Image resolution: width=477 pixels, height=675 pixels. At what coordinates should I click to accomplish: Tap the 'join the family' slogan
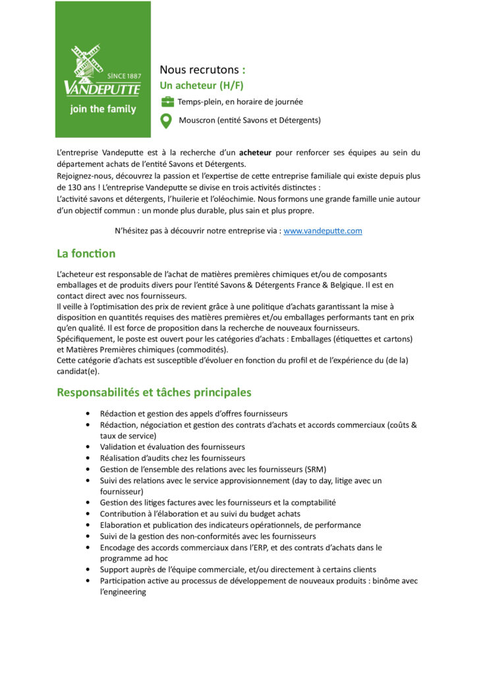(x=103, y=109)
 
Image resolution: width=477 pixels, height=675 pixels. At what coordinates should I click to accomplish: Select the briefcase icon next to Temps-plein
(x=167, y=102)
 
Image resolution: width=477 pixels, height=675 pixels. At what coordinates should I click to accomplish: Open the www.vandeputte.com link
(x=323, y=231)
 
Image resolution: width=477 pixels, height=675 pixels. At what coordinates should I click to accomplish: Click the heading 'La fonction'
(x=86, y=254)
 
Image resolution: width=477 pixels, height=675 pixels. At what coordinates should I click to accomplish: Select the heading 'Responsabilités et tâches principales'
(x=154, y=392)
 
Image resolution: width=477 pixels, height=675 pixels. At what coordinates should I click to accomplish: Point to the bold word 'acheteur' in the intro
(x=255, y=153)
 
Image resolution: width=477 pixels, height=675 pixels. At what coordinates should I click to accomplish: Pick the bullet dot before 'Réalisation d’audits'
(x=88, y=457)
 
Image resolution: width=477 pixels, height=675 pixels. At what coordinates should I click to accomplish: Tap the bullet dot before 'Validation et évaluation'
(x=88, y=447)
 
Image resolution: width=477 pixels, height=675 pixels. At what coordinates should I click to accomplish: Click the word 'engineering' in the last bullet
(x=125, y=592)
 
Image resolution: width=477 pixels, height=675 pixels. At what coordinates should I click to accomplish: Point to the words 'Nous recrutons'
(x=199, y=69)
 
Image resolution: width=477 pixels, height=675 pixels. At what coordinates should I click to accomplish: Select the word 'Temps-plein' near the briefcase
(x=199, y=102)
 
